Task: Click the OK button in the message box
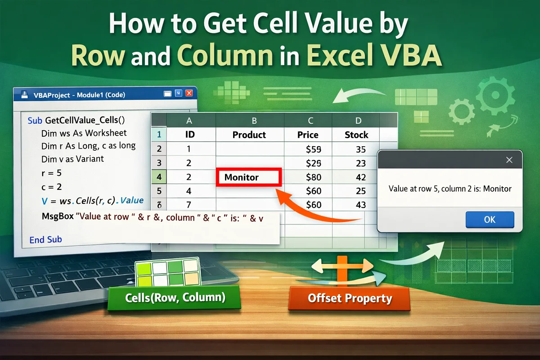[x=490, y=220]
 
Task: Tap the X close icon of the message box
[x=509, y=160]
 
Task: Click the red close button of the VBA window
[x=189, y=93]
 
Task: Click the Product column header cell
[x=249, y=135]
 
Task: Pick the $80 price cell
[x=313, y=177]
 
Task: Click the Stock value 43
[x=360, y=205]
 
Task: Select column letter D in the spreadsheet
[x=358, y=120]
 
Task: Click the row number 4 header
[x=159, y=177]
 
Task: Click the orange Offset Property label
[x=350, y=298]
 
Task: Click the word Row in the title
[x=98, y=56]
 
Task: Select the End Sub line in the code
[x=45, y=240]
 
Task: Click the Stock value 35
[x=360, y=149]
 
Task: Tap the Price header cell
[x=308, y=135]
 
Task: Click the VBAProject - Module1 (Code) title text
[x=79, y=95]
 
